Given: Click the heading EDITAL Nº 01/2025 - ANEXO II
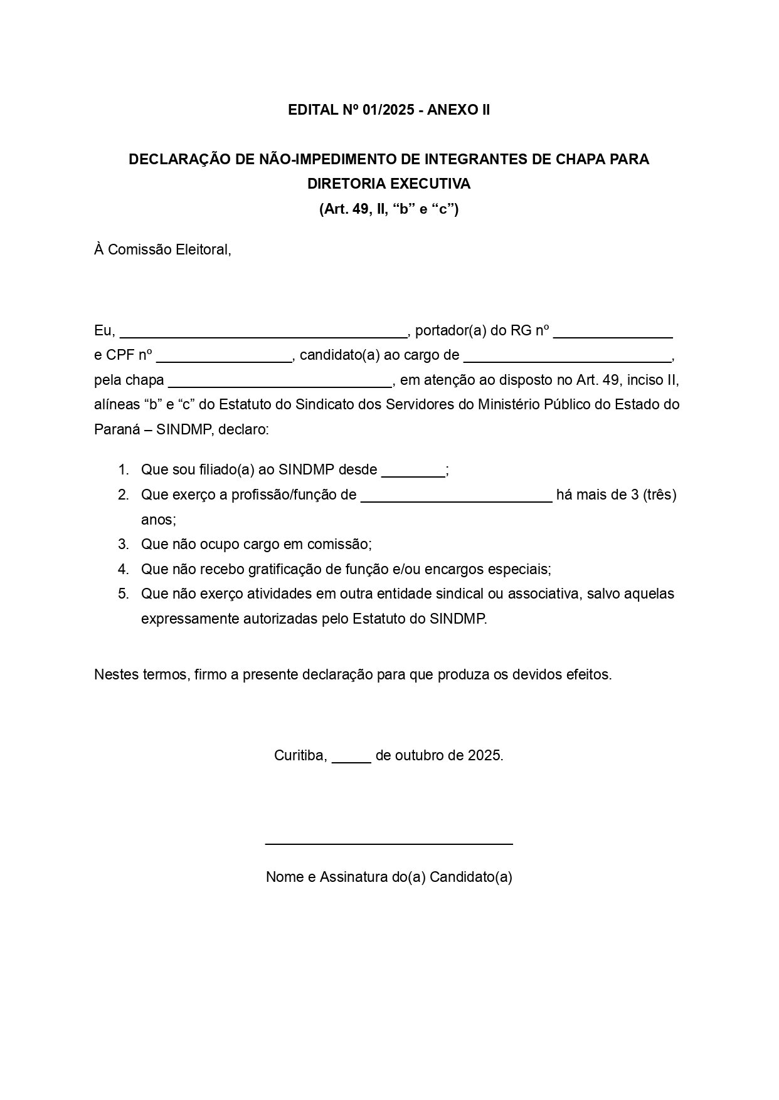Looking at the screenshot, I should point(389,110).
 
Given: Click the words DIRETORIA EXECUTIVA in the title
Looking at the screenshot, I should point(389,184).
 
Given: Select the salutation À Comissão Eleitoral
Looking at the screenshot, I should point(163,250).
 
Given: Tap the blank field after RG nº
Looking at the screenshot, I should point(613,332).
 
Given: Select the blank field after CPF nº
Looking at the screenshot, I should point(224,357).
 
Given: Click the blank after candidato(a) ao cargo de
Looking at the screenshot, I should point(567,357).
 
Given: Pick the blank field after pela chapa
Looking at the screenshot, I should point(280,382).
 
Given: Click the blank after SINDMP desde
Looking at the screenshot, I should point(413,471).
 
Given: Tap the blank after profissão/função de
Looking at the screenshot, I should point(457,496).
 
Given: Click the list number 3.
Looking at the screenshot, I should point(123,545).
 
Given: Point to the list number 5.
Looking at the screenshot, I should point(123,594).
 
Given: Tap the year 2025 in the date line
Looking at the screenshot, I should point(484,756).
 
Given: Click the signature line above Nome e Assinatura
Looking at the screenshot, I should point(389,844).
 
